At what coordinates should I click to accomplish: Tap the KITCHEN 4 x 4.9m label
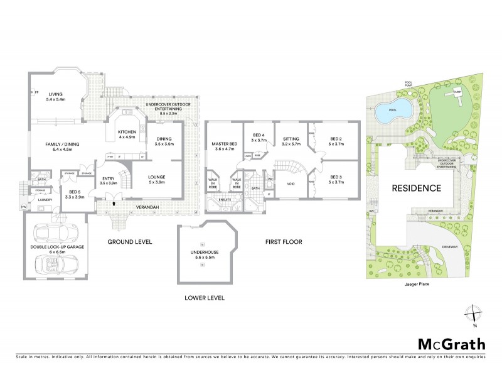(127, 134)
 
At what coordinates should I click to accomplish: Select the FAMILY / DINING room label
(60, 147)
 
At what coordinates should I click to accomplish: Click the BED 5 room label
(74, 194)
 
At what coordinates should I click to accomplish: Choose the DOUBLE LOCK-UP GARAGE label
(56, 249)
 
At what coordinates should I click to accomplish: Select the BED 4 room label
(259, 138)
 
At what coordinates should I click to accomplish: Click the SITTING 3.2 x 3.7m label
(291, 141)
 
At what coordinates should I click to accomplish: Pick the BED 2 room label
(336, 141)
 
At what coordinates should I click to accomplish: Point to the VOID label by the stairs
(291, 184)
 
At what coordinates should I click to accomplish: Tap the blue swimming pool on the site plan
(393, 112)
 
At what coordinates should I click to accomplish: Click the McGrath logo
(451, 344)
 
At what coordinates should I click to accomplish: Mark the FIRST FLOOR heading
(284, 241)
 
